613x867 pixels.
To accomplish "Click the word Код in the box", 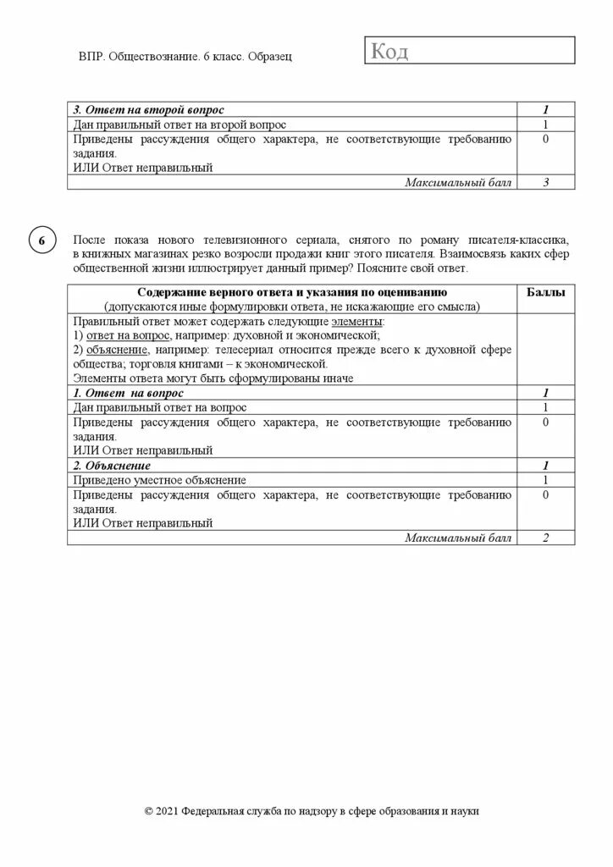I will click(x=389, y=52).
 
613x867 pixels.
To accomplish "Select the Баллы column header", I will click(x=546, y=292).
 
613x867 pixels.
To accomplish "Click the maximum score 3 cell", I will click(x=546, y=182).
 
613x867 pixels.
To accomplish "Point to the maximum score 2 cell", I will click(x=546, y=538).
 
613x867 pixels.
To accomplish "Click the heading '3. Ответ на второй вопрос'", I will click(x=148, y=110).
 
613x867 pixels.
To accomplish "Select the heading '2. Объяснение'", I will click(x=112, y=466).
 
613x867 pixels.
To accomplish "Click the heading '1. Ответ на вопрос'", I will click(x=128, y=394).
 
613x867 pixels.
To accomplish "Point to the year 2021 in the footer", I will click(x=168, y=811).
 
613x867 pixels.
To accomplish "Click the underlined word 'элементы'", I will click(x=358, y=322).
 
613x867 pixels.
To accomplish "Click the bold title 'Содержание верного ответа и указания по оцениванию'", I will click(x=292, y=292).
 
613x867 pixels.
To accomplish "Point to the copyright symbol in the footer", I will click(x=150, y=811).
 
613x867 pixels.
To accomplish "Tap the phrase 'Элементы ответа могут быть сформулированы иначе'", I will click(x=213, y=378).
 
